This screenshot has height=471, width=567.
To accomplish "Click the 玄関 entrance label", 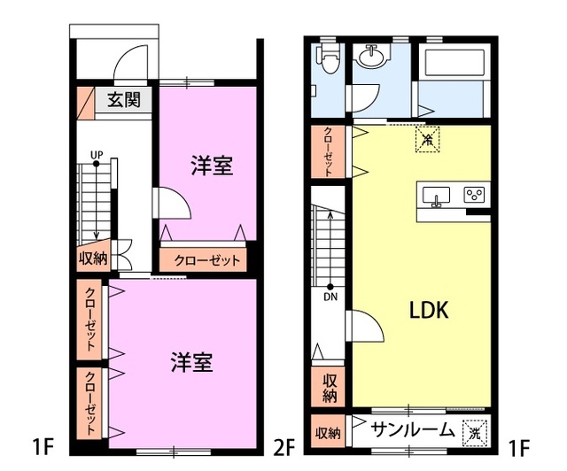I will [x=125, y=99].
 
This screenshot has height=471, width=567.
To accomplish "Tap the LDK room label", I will [x=430, y=311].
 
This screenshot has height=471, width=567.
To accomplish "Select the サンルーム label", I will [x=413, y=432].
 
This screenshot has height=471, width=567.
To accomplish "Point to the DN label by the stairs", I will [x=330, y=297].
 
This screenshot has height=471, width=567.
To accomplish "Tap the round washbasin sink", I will [x=371, y=59].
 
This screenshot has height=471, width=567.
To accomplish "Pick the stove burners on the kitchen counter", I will [x=475, y=194].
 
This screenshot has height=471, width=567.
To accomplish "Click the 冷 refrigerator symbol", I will [x=428, y=139].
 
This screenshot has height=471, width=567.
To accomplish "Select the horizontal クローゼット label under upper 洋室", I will [x=206, y=260].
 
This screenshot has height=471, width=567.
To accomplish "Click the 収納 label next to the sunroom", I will [x=328, y=433].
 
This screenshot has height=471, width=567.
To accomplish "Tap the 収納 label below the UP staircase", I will [x=93, y=259].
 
